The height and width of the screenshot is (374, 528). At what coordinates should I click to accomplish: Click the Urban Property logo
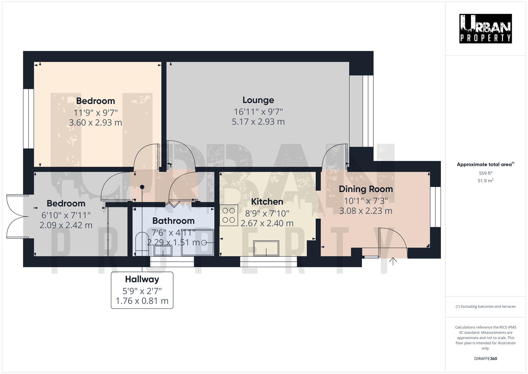click(485, 28)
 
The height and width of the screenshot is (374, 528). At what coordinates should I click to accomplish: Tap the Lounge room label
click(258, 100)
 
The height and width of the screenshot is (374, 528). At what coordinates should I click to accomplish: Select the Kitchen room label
click(267, 202)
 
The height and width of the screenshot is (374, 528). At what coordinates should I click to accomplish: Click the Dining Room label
click(365, 189)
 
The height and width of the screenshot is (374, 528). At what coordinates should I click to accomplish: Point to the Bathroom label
click(173, 221)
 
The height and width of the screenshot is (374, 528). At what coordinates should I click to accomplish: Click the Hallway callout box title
click(142, 279)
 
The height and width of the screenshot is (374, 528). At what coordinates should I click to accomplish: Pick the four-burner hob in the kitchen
click(229, 215)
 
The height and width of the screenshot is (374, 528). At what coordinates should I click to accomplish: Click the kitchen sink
click(266, 248)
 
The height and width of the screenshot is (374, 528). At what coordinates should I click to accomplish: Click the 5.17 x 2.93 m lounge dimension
click(258, 122)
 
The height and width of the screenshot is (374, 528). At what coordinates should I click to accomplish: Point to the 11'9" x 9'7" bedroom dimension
click(95, 113)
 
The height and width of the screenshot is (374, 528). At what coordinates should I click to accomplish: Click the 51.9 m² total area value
click(485, 181)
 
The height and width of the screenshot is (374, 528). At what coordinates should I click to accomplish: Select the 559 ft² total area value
click(485, 173)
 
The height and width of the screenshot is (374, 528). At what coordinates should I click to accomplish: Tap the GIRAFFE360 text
click(485, 359)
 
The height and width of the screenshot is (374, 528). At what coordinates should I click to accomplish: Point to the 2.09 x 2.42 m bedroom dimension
click(66, 225)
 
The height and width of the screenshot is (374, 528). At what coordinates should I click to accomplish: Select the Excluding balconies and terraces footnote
click(485, 306)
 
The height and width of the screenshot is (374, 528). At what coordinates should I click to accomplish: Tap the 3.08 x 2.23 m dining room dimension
click(365, 211)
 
